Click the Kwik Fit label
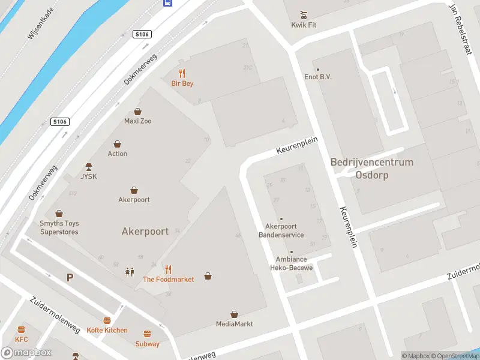(x=304, y=26)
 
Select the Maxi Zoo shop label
(x=137, y=121)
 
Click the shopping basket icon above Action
(x=118, y=144)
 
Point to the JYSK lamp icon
(x=89, y=166)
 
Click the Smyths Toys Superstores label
(x=59, y=227)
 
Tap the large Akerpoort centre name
(x=145, y=231)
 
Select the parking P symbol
(x=70, y=277)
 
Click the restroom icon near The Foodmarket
(x=130, y=271)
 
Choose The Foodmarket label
(x=168, y=280)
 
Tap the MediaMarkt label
(x=235, y=324)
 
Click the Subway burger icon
(x=147, y=334)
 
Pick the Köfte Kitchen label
(x=107, y=330)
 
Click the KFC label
(x=22, y=339)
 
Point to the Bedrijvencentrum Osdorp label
(x=372, y=169)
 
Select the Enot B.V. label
(x=318, y=77)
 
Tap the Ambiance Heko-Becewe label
(x=294, y=263)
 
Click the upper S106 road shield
(x=142, y=34)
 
